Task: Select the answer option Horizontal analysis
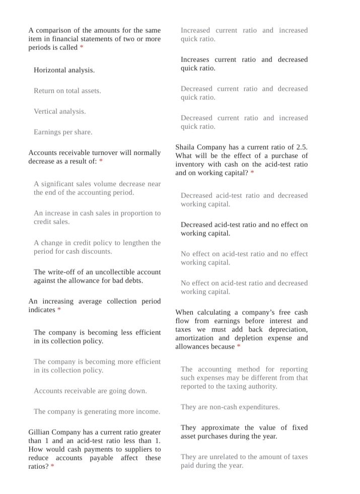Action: coord(64,70)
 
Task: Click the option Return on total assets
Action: coord(67,91)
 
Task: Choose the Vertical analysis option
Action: coord(59,111)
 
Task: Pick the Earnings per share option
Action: coord(63,132)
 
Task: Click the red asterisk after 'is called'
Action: coord(82,48)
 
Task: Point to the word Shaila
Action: coord(187,147)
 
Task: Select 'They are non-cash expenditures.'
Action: coord(230,407)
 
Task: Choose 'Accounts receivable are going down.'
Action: coord(90,391)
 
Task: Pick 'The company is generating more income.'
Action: coord(97,411)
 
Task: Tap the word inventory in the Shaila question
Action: coord(190,164)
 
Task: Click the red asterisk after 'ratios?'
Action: coord(52,467)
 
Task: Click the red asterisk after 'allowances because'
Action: coord(239,347)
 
